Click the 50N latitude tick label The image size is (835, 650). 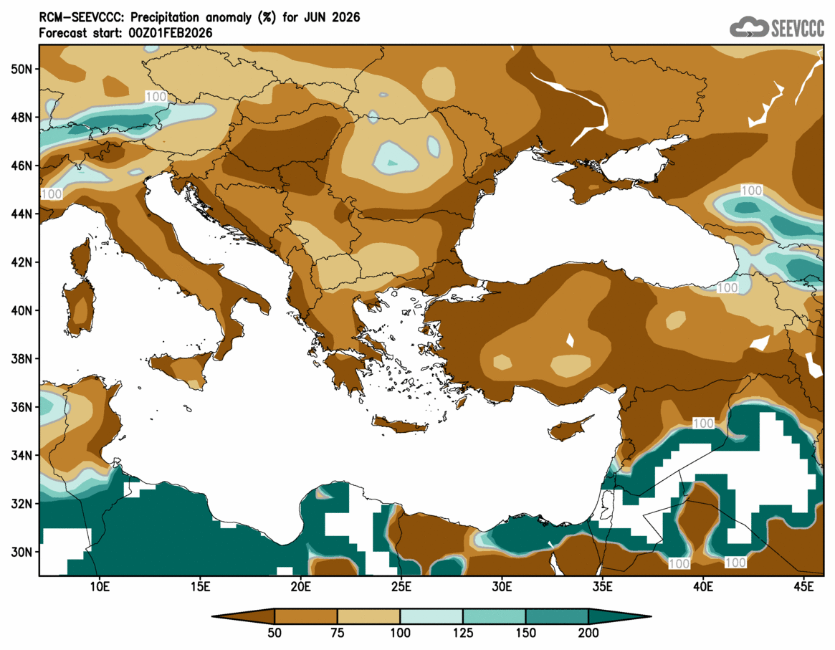coord(22,69)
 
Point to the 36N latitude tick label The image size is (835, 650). coord(22,407)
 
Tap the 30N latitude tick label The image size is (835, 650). coord(22,552)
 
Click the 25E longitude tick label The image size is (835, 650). coord(401,587)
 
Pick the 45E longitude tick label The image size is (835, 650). coord(805,587)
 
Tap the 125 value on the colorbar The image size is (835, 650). coord(463,633)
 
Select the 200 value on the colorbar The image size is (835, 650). coord(588,633)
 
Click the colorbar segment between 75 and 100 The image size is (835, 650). coord(369,616)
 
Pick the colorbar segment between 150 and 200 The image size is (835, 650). coord(557,616)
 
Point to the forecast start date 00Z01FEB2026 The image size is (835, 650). coord(163,32)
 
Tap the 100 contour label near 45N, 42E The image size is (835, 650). coord(751,191)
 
